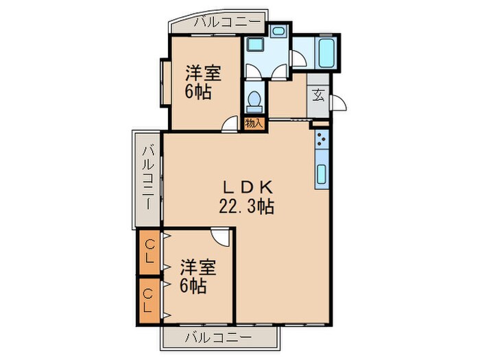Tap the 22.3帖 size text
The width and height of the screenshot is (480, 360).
pos(247,205)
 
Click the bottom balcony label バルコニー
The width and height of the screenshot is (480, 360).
pos(219,337)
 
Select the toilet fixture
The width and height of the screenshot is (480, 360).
pos(254,101)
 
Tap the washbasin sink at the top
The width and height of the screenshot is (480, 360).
pos(278,32)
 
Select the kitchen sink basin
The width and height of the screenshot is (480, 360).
pos(322,174)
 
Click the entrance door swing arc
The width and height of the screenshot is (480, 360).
pos(338,103)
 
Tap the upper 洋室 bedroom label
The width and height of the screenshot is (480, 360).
pos(203,73)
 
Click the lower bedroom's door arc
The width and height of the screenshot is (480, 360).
pos(221,237)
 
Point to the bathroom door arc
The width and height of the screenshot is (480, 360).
pos(298,60)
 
